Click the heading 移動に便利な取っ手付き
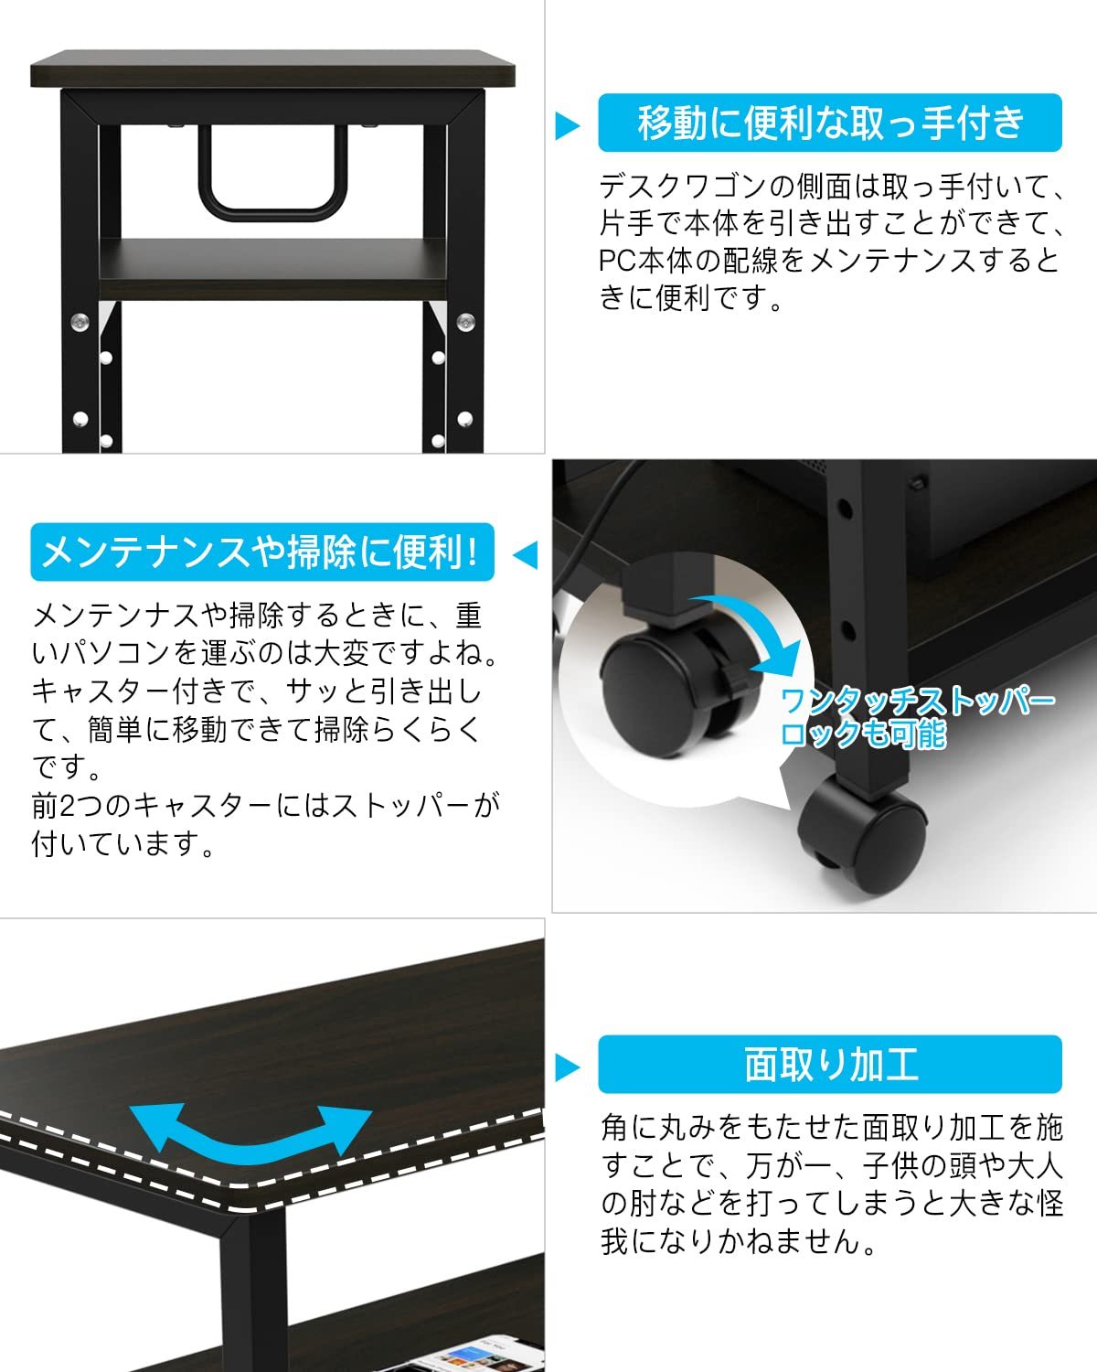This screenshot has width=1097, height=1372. [x=830, y=123]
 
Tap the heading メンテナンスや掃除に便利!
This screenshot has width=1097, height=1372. [x=261, y=552]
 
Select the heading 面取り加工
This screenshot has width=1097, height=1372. [x=830, y=1065]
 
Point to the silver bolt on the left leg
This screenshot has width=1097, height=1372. [x=80, y=322]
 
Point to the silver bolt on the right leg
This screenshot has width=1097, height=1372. [x=465, y=322]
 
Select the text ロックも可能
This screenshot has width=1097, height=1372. [x=864, y=734]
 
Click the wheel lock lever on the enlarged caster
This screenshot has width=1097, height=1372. [x=731, y=679]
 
